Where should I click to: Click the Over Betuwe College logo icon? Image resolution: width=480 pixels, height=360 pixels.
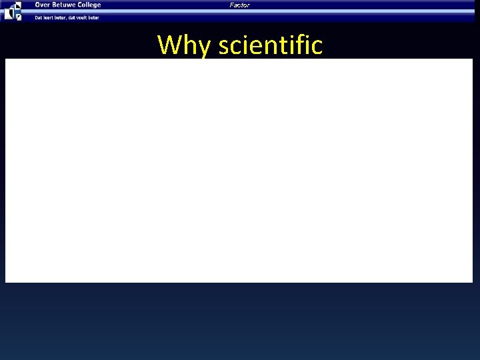point(13,11)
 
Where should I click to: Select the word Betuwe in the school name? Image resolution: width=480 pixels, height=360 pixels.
point(65,5)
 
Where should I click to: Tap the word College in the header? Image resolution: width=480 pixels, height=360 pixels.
point(90,5)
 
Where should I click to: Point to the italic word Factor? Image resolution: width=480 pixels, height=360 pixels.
point(239,5)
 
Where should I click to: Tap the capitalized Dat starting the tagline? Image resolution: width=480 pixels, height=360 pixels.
point(38,17)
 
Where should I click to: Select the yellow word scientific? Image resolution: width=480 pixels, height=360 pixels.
point(271,45)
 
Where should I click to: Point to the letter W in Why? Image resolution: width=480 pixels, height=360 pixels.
point(168,45)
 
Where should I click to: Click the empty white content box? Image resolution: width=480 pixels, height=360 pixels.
point(239,171)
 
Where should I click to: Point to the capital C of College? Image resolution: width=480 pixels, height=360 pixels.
point(81,5)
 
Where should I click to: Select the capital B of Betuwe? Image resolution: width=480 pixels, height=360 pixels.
point(54,5)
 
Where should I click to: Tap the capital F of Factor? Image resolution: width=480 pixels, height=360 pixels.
point(232,5)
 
